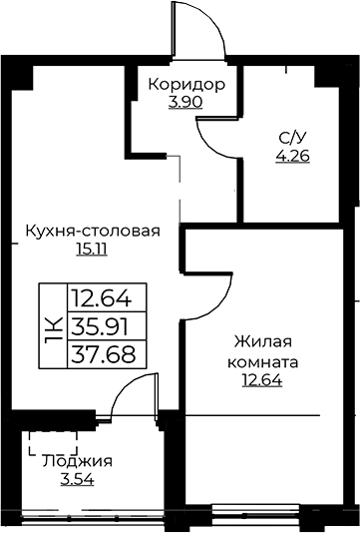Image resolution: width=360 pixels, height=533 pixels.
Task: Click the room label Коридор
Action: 186,84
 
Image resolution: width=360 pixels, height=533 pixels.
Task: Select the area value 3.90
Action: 184,103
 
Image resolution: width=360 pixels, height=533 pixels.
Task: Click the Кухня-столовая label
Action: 93,231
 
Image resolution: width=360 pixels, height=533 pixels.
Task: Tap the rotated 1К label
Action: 53,325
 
